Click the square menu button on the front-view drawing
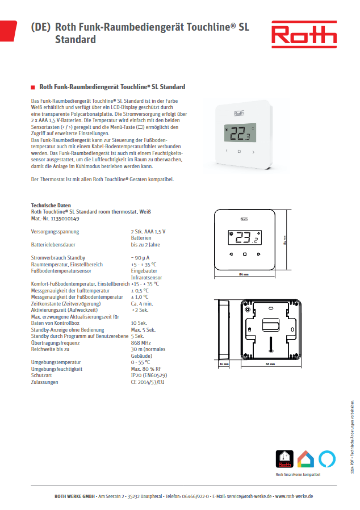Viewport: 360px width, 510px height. click(245, 254)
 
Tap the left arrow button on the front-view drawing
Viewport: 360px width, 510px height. click(232, 254)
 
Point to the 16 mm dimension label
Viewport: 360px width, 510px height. click(223, 364)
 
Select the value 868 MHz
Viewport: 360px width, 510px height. click(141, 344)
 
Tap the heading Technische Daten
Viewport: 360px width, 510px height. click(51, 206)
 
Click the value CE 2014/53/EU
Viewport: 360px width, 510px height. click(147, 382)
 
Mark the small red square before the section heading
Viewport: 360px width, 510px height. click(32, 87)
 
